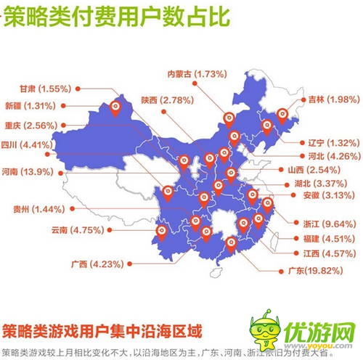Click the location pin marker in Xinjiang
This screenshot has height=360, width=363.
114,109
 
